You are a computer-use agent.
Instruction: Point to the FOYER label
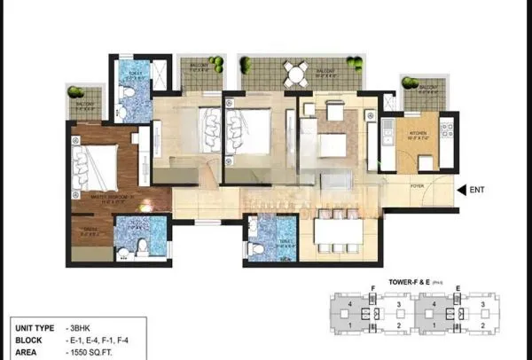tap(417, 185)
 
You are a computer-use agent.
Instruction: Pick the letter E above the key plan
tap(456, 289)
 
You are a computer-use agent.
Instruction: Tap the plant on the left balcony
tap(74, 91)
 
